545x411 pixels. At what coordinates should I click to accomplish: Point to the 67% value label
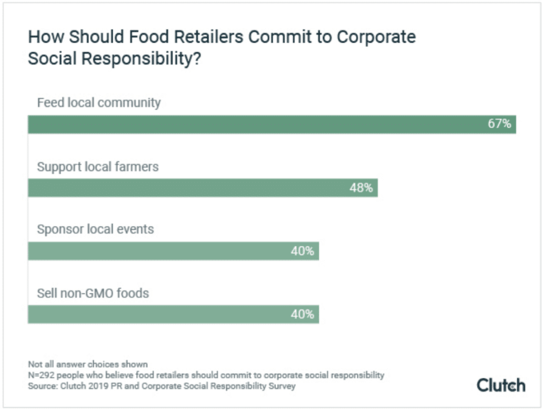499,125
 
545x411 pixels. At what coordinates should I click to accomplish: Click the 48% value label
360,188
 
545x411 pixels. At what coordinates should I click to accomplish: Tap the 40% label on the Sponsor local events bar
302,251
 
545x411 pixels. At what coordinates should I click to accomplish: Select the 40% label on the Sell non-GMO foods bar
302,314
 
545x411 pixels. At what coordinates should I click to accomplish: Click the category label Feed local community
99,102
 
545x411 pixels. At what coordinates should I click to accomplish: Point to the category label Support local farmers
97,166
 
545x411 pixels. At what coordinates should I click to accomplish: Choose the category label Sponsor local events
95,230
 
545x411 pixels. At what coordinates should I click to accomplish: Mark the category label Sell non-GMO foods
93,293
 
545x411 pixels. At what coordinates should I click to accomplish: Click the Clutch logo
501,385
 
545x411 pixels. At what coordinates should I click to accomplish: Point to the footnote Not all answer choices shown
88,364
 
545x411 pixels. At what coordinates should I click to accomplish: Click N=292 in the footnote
44,375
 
